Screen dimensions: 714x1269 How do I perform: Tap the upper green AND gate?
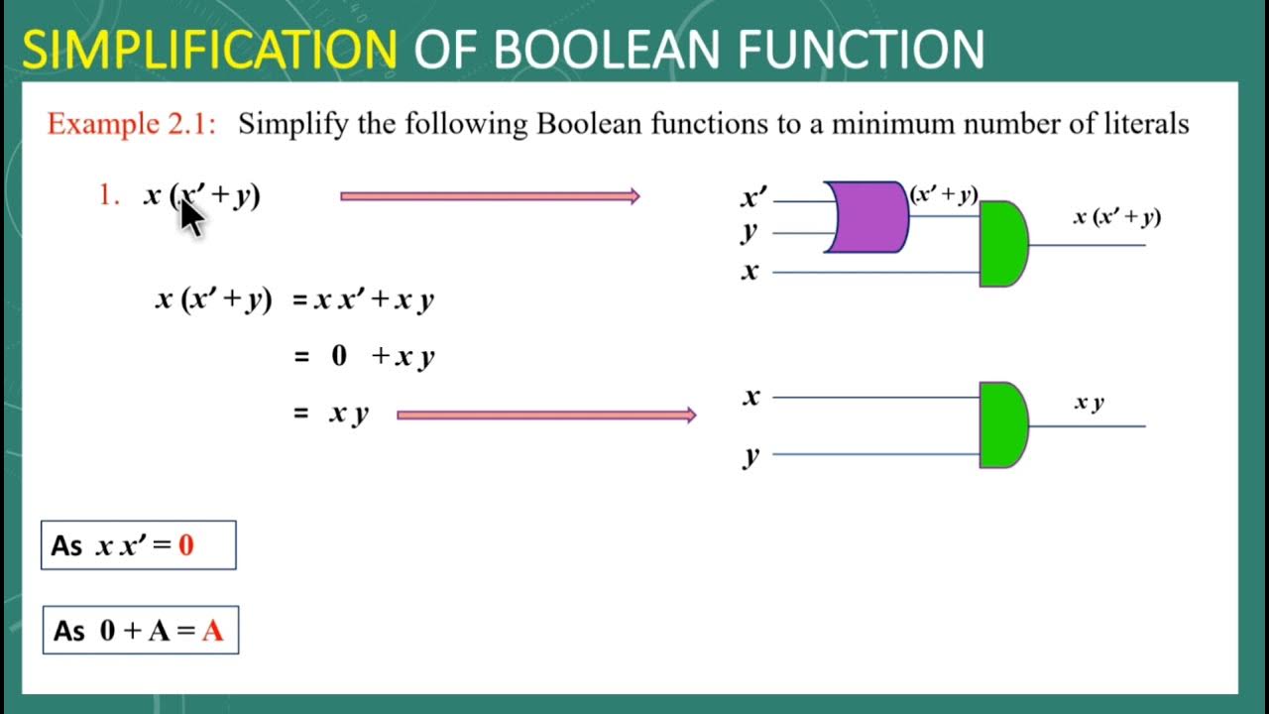[x=1002, y=244]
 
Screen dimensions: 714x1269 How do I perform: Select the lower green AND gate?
[x=1002, y=424]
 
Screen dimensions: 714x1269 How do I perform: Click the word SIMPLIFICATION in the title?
[x=209, y=50]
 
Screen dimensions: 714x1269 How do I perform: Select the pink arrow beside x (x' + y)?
[x=490, y=196]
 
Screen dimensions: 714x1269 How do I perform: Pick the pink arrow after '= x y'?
[x=546, y=415]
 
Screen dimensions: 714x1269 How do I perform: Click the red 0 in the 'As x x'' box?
[x=186, y=544]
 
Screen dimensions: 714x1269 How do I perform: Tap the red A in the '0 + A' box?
[x=212, y=631]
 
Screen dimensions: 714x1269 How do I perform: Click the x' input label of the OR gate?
[x=753, y=198]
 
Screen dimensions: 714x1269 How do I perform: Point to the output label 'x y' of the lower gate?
[x=1090, y=403]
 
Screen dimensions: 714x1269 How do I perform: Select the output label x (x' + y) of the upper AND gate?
[x=1116, y=217]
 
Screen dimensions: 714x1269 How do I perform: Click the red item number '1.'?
[x=109, y=196]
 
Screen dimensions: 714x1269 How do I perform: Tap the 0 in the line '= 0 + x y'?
[x=339, y=357]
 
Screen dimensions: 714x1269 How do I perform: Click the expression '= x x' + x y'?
[x=364, y=300]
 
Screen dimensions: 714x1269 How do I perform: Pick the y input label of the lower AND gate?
[x=751, y=455]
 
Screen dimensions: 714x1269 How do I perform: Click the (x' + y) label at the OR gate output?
[x=944, y=195]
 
